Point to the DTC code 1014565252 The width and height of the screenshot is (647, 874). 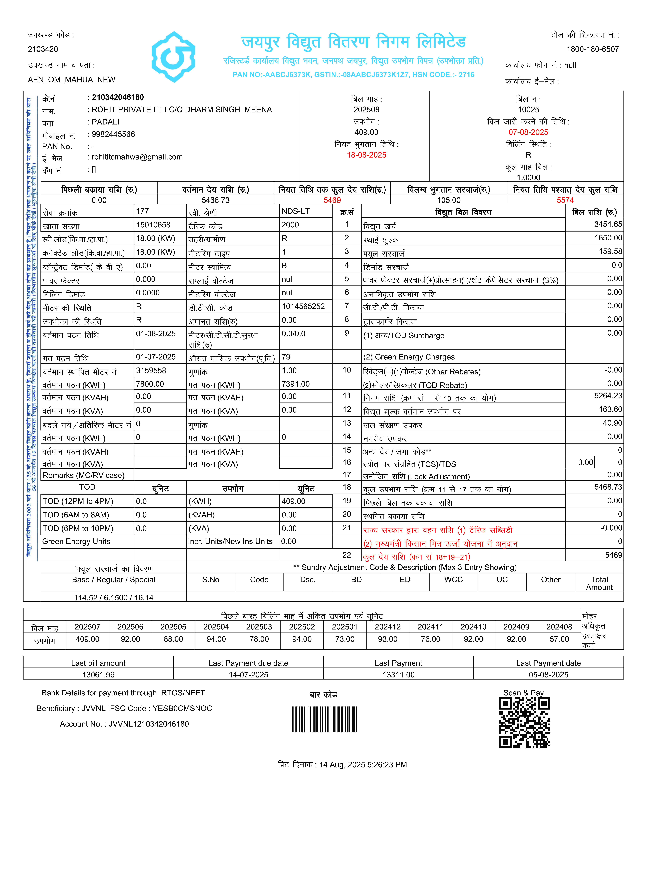point(303,306)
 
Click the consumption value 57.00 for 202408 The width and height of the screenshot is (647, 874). point(559,639)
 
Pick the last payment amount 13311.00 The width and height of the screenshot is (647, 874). point(398,675)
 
